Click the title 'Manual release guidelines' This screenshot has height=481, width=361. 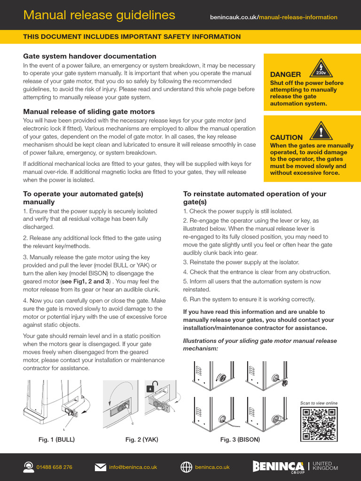pyautogui.click(x=99, y=16)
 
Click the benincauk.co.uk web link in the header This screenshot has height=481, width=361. pyautogui.click(x=273, y=17)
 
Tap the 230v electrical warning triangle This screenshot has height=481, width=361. pyautogui.click(x=321, y=68)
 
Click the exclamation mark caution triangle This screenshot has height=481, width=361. pyautogui.click(x=321, y=130)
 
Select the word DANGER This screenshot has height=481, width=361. pyautogui.click(x=285, y=74)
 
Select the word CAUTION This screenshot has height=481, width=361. pyautogui.click(x=286, y=137)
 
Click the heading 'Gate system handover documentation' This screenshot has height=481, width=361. pyautogui.click(x=90, y=56)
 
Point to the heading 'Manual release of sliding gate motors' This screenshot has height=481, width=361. pyautogui.click(x=89, y=112)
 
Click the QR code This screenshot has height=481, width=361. pyautogui.click(x=319, y=424)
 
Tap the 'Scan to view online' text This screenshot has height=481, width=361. pyautogui.click(x=319, y=403)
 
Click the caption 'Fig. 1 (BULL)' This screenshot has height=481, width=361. pyautogui.click(x=56, y=440)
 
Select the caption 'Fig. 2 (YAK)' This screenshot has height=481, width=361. pyautogui.click(x=141, y=440)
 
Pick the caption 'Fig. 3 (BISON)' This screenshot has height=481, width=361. pyautogui.click(x=240, y=440)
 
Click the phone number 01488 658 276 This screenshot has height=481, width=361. pyautogui.click(x=55, y=467)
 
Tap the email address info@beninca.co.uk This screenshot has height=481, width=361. pyautogui.click(x=133, y=467)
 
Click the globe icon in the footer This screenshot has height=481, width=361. pyautogui.click(x=187, y=467)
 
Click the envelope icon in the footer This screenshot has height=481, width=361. pyautogui.click(x=100, y=467)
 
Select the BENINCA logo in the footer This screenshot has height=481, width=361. pyautogui.click(x=278, y=466)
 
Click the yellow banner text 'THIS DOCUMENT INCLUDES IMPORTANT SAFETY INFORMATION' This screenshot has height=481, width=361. pyautogui.click(x=132, y=37)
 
